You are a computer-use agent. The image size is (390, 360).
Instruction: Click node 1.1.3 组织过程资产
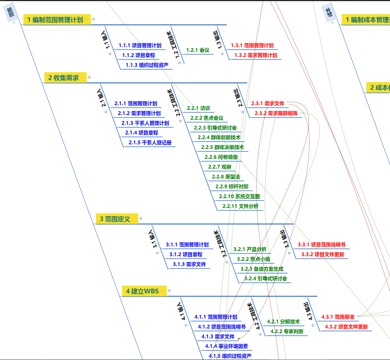click(147, 65)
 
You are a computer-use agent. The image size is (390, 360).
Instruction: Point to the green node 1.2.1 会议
click(198, 50)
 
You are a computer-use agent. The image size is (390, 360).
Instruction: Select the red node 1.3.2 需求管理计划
click(256, 55)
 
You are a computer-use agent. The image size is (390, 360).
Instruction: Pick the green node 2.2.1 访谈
click(198, 108)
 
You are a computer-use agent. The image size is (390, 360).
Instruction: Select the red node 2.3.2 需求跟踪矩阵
click(276, 113)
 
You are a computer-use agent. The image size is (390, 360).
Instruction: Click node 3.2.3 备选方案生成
click(262, 269)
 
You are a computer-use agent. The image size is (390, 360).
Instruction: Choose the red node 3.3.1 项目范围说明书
click(321, 245)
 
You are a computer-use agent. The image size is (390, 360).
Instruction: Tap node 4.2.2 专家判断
click(287, 331)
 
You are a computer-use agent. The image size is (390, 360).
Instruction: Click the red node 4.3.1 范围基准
click(338, 317)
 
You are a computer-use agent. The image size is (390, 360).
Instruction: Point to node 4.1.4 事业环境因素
click(226, 346)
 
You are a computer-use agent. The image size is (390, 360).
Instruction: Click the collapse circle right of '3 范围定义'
click(141, 218)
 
